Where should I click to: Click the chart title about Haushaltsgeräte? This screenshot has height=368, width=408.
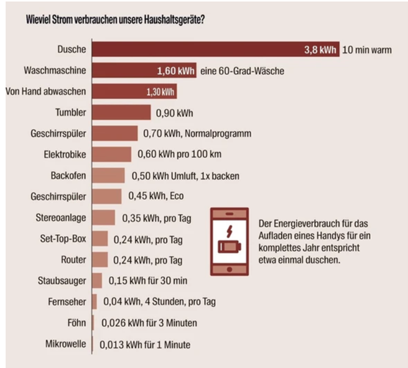point(116,19)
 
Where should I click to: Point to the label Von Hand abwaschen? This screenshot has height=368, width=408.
point(45,91)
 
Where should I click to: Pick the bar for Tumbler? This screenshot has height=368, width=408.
point(121,113)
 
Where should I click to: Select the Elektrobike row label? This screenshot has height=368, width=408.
point(65,155)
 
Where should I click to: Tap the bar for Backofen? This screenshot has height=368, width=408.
point(108,176)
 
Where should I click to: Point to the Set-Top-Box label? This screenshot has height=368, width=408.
point(65,239)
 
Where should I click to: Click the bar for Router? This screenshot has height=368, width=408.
point(100,259)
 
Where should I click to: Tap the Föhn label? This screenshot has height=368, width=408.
point(76,323)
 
